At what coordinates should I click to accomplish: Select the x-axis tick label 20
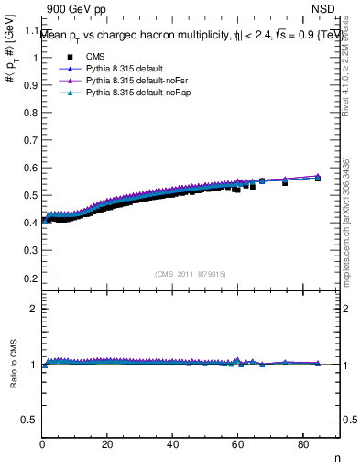(108, 446)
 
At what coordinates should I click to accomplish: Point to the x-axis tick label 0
(43, 446)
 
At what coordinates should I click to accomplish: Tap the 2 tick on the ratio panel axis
(35, 309)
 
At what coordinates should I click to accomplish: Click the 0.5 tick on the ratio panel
(30, 420)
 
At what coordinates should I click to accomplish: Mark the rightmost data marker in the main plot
(318, 177)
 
